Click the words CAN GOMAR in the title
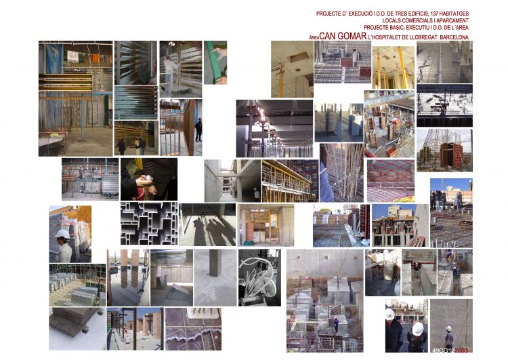(x=343, y=36)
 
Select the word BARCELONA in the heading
(x=454, y=37)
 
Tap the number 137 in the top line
(x=435, y=14)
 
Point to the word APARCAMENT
(x=452, y=21)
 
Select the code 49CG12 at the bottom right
(x=443, y=351)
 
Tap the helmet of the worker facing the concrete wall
(x=448, y=329)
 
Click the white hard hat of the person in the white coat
(x=62, y=234)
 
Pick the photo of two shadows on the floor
(x=207, y=225)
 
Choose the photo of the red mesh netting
(x=391, y=180)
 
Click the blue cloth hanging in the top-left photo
(x=54, y=59)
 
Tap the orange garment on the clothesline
(x=96, y=58)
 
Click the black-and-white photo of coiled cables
(x=260, y=277)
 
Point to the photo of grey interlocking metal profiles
(x=149, y=224)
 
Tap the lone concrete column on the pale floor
(x=215, y=262)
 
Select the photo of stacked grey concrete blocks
(x=77, y=285)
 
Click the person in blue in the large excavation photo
(x=336, y=325)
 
